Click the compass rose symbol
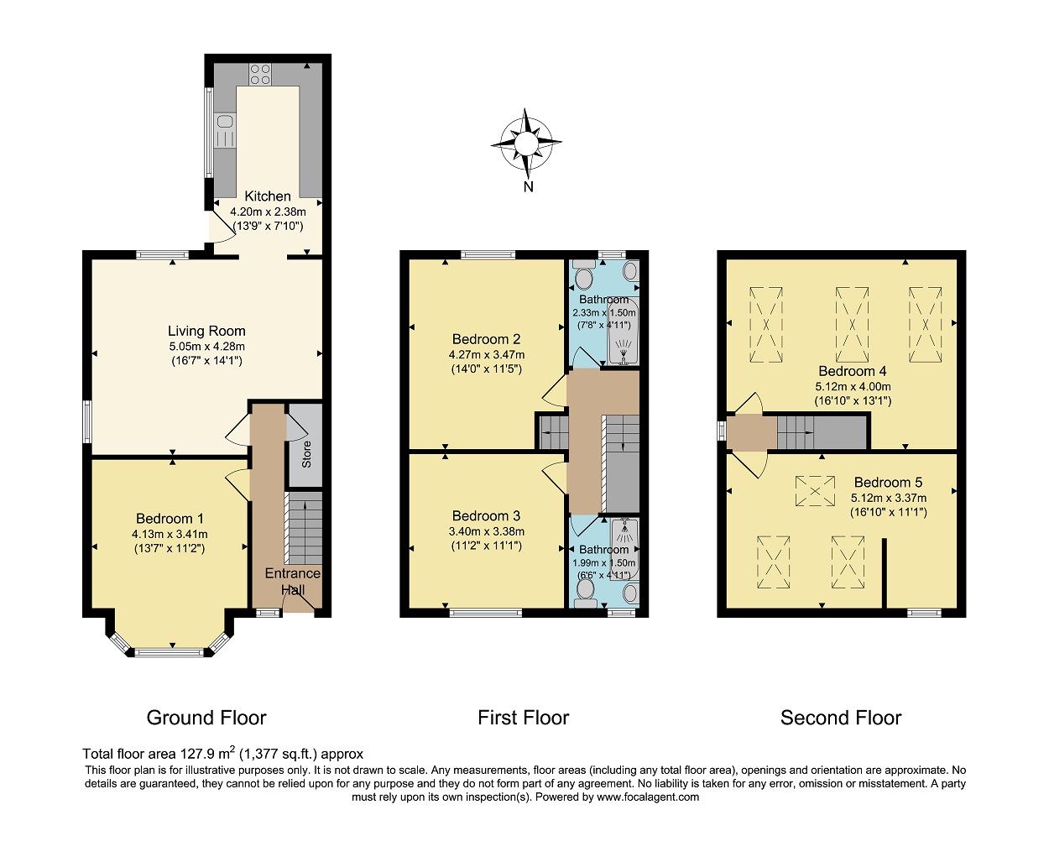(x=526, y=144)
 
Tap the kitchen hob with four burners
(x=260, y=74)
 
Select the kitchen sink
(x=224, y=130)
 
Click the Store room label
(x=306, y=454)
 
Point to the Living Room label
(x=206, y=331)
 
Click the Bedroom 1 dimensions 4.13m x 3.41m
(x=170, y=534)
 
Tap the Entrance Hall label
(x=293, y=582)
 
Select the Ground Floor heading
(x=206, y=718)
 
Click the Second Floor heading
(x=841, y=718)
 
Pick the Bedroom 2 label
(x=486, y=339)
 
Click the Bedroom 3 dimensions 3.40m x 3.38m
(x=487, y=531)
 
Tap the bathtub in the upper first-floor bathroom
(x=623, y=330)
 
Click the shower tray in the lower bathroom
(x=624, y=549)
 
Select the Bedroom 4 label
(x=853, y=371)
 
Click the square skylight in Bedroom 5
(x=815, y=491)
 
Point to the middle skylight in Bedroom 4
(x=852, y=324)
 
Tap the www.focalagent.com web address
(x=648, y=797)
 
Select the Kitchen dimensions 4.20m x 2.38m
(x=268, y=212)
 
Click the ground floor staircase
(x=303, y=528)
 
